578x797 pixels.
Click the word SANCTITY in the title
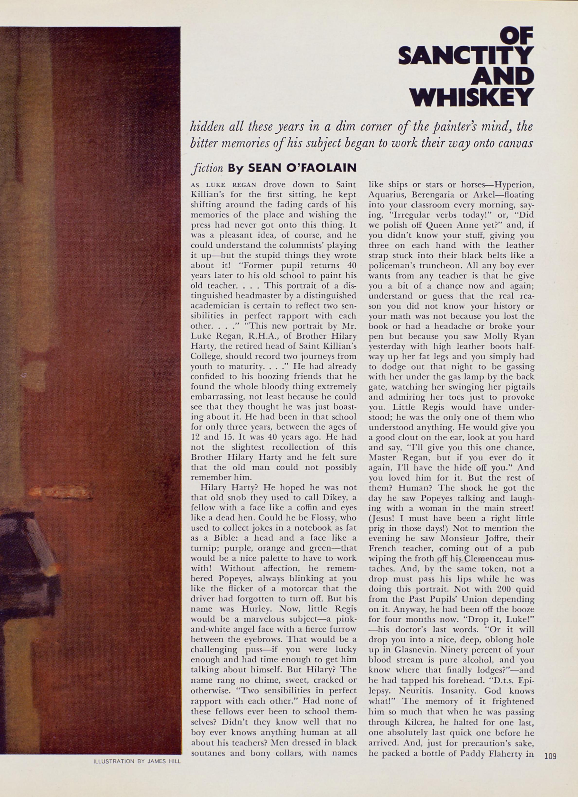click(466, 55)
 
